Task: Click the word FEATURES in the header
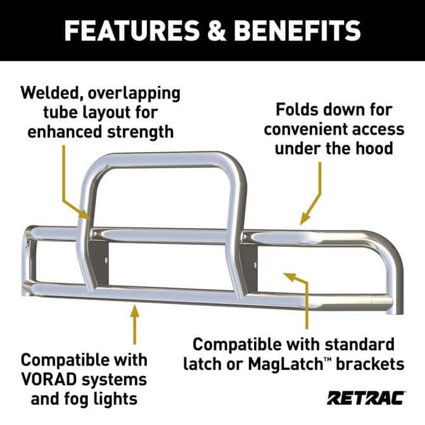tap(132, 30)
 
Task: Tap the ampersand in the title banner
tap(217, 30)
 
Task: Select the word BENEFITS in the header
tap(297, 30)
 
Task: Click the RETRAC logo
tap(366, 398)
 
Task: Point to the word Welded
tap(50, 93)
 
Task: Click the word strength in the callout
tap(141, 132)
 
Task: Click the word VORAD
tap(49, 380)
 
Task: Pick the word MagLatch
tap(285, 364)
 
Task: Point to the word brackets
tap(371, 364)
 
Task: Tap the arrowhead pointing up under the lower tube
tap(135, 310)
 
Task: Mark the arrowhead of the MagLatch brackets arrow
tap(290, 277)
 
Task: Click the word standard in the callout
tap(359, 344)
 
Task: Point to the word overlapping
tap(134, 94)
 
